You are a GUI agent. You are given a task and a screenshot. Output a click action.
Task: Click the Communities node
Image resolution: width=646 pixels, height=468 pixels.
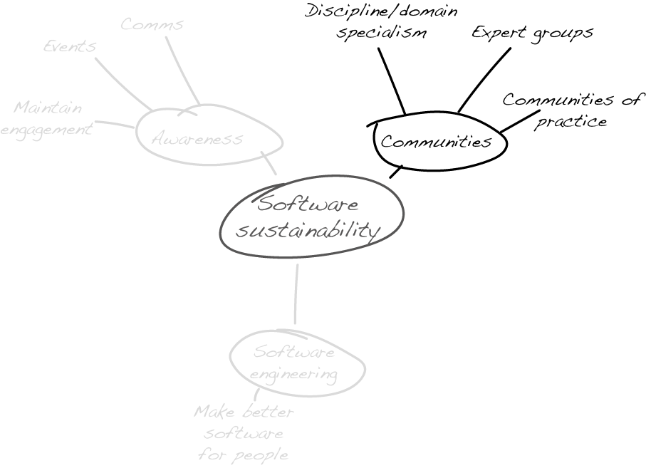tap(437, 142)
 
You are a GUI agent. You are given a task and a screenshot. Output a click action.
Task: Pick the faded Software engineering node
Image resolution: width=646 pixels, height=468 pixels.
tap(293, 363)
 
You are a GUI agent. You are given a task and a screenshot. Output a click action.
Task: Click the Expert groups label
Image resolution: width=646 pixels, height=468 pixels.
tap(532, 33)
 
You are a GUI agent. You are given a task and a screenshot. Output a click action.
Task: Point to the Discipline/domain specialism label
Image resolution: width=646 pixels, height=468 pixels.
tap(381, 22)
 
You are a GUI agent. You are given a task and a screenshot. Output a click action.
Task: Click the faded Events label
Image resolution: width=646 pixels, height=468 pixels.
tap(69, 46)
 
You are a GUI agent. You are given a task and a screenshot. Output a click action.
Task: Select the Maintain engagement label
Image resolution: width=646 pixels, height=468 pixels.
tap(47, 119)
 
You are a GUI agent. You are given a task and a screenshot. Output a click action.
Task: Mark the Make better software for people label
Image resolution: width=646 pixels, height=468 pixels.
tap(244, 433)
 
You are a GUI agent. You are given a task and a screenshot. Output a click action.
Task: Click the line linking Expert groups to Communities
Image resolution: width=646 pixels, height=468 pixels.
tap(484, 79)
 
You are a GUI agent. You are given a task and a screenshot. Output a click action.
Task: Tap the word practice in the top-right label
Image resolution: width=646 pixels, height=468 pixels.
tap(571, 121)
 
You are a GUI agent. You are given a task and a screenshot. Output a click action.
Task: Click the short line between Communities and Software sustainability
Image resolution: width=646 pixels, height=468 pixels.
tap(396, 172)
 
